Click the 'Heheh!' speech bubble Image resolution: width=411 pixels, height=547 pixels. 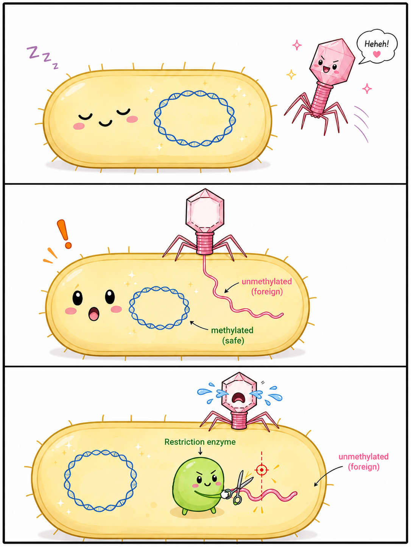[377, 46]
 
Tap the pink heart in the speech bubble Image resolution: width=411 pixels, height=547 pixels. [377, 54]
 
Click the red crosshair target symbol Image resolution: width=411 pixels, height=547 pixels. [262, 470]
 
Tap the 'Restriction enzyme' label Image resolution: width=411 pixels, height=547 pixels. [200, 442]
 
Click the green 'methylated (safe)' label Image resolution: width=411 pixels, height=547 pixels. [232, 335]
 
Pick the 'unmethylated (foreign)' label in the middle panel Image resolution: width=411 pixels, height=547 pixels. [267, 286]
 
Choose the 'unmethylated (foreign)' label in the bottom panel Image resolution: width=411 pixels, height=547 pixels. [364, 462]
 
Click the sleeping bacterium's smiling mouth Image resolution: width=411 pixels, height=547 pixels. [105, 123]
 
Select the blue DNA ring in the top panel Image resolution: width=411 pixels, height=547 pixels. [195, 118]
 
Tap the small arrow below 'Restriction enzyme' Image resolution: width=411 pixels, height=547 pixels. [200, 451]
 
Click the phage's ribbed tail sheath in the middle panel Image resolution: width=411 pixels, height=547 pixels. [205, 243]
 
